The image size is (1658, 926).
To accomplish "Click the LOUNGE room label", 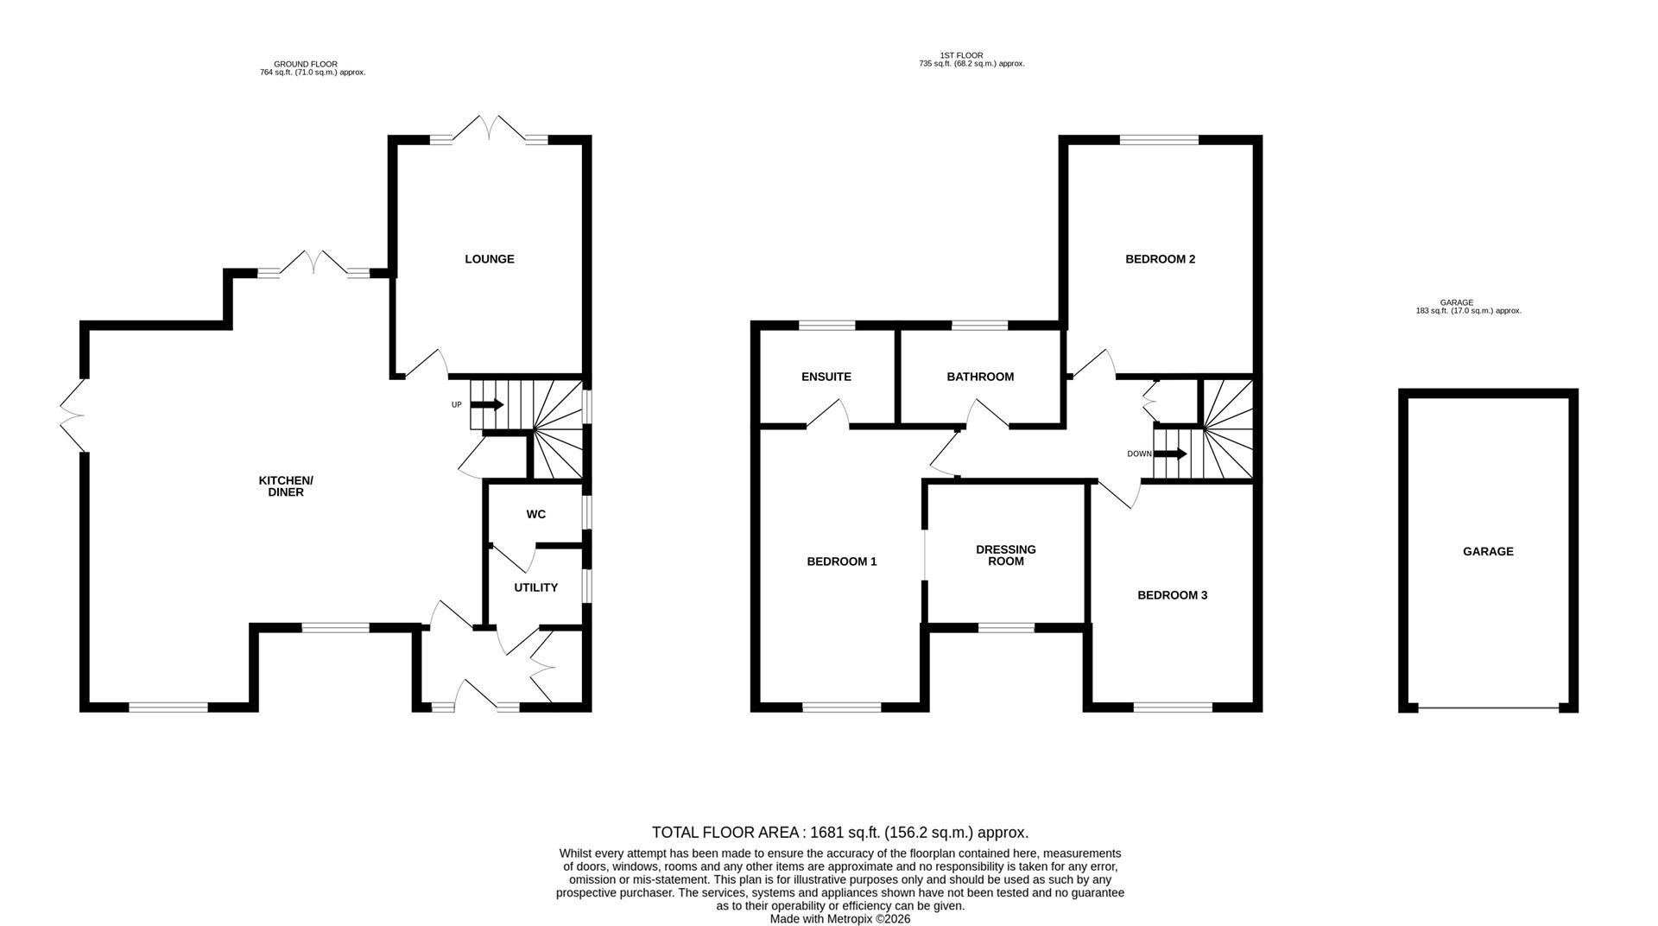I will tap(489, 259).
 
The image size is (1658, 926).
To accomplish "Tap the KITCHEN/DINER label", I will tap(286, 486).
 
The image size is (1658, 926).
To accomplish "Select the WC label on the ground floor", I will tap(535, 515).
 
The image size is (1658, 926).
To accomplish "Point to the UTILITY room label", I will tap(535, 587).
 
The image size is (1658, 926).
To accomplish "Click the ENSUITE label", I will tap(826, 377).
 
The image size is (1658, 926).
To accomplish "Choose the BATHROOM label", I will tap(980, 377).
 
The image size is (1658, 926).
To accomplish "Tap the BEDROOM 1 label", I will tap(841, 561).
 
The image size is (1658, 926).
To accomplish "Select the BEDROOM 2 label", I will tap(1160, 259).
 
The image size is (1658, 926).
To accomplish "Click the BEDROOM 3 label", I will tap(1172, 595).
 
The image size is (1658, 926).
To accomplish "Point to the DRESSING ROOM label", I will tap(1005, 555).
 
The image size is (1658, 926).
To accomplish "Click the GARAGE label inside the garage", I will tap(1487, 551).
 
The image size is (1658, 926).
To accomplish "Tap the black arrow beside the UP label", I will tap(488, 404).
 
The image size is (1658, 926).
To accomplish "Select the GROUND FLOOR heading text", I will tap(305, 64).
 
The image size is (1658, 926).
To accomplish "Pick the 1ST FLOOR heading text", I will tap(961, 55).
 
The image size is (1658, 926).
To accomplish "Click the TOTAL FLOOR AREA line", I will tap(839, 833).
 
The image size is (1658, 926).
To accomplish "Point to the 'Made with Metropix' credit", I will tap(839, 919).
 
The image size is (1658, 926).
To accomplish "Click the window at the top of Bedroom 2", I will tap(1159, 140).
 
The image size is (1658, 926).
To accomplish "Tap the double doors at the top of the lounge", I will tap(489, 130).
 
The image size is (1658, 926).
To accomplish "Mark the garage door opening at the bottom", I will tap(1488, 708).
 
